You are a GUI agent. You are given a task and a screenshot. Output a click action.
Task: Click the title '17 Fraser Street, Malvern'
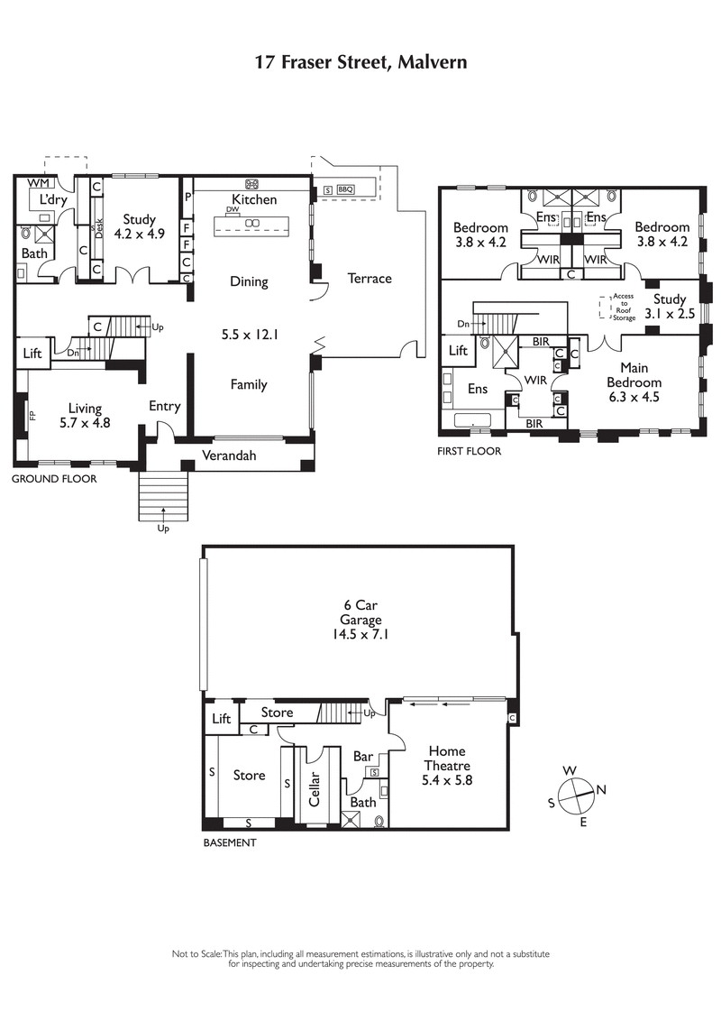coord(360,62)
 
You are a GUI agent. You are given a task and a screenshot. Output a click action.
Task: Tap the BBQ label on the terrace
coord(346,189)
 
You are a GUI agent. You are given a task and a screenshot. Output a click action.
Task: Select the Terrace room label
coord(370,279)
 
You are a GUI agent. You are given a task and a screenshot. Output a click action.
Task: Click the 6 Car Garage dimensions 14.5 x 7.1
coord(360,634)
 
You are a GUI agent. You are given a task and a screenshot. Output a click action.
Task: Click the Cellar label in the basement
coord(315,788)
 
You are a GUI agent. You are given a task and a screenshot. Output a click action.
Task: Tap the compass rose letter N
coord(601,790)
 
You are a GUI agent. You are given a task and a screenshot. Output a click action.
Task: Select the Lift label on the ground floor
coord(32,354)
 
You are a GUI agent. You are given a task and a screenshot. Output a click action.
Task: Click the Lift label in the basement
coord(221,719)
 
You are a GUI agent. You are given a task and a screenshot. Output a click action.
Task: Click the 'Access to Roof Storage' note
coord(624,307)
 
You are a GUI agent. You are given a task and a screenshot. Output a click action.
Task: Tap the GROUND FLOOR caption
coord(53,479)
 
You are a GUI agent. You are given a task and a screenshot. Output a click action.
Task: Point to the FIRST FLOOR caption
coord(469,451)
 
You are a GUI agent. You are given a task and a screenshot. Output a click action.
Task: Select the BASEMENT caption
coord(230,842)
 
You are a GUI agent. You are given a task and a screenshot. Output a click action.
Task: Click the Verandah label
coord(228,455)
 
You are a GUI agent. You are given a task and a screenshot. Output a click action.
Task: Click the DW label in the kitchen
coord(233,209)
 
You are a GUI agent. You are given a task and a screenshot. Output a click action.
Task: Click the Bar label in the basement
coord(363,756)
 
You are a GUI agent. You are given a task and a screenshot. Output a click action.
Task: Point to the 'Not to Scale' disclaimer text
coord(360,958)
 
